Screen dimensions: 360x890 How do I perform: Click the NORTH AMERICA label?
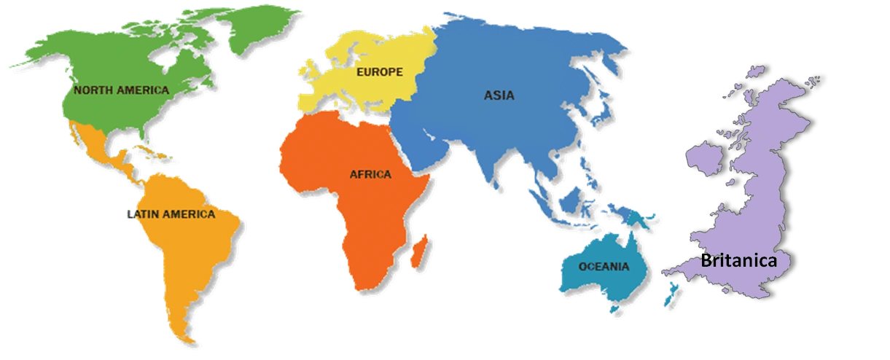tap(121, 90)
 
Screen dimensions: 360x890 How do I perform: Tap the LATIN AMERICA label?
tap(172, 214)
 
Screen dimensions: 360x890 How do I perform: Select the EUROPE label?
tap(379, 72)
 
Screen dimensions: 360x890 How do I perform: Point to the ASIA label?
tap(499, 95)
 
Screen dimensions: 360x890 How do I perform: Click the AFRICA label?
tap(370, 174)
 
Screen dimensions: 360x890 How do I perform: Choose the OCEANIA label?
tap(604, 266)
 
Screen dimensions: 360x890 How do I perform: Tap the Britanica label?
tap(739, 261)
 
